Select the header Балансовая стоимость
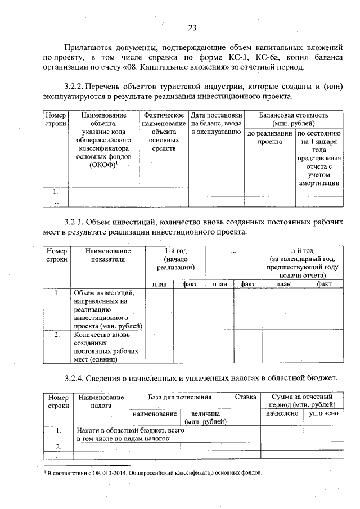click(293, 115)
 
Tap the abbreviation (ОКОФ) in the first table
click(101, 165)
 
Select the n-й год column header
click(302, 250)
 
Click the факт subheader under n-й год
click(323, 285)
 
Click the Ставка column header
click(245, 397)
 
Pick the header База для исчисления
click(180, 397)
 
